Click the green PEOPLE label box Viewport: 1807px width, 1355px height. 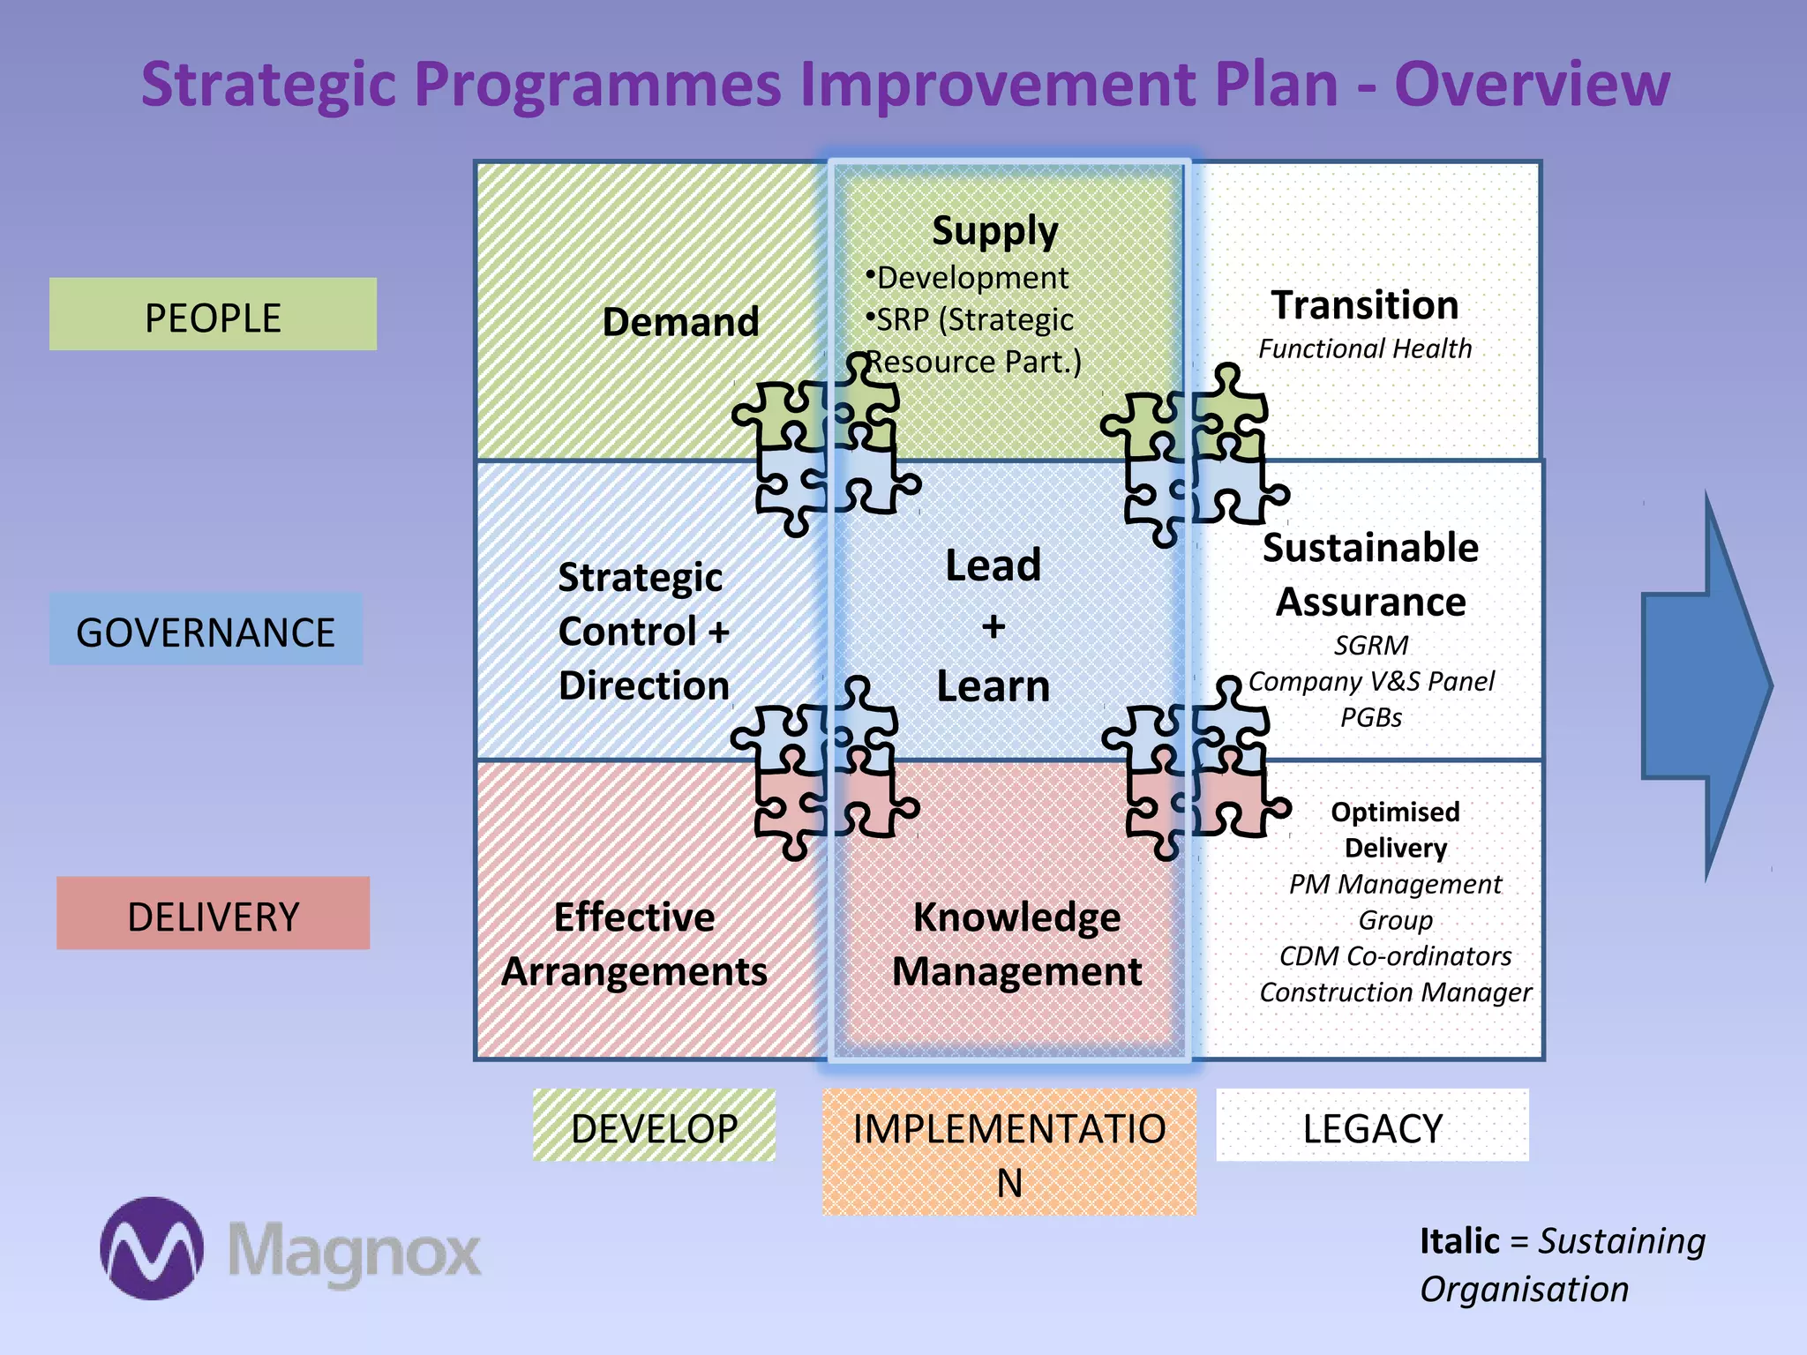pos(213,315)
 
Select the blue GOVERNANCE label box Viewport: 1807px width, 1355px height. pos(206,630)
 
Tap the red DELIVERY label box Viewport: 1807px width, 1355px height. pos(213,914)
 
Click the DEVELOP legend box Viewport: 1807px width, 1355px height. pos(654,1126)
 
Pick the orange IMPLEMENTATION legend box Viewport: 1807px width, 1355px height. pos(1008,1151)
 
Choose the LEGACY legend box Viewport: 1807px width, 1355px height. pos(1372,1126)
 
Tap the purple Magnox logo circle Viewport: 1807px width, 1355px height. pos(152,1247)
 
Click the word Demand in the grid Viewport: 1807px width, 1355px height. pos(680,322)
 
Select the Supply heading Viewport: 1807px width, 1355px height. pos(994,231)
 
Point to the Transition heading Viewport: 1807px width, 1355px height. pos(1365,305)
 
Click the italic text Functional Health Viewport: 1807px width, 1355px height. pos(1365,349)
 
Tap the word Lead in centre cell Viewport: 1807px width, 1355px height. pos(993,565)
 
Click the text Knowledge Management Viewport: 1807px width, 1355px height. pos(1016,944)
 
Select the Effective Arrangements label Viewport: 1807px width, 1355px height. pos(634,944)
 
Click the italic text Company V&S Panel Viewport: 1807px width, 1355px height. pos(1371,681)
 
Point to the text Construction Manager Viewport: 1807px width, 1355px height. pos(1395,992)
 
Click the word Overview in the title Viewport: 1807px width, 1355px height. pos(1532,85)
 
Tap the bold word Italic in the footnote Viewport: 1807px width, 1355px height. pos(1458,1241)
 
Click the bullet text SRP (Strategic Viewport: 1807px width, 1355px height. pos(974,320)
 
